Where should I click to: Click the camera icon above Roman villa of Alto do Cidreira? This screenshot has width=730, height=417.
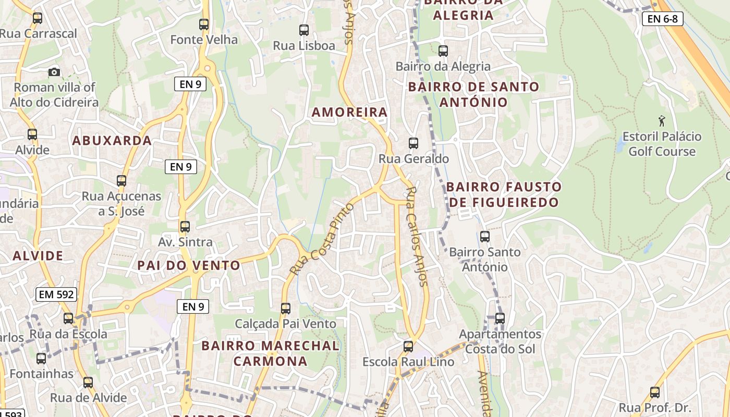click(x=54, y=72)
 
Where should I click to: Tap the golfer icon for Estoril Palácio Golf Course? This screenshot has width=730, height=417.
click(x=662, y=121)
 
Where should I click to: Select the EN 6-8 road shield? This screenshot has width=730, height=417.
click(x=662, y=19)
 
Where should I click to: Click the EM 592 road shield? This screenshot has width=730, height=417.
click(x=57, y=295)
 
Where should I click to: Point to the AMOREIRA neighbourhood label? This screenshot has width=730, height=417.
click(x=350, y=112)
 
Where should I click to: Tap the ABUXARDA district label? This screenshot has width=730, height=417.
click(x=112, y=140)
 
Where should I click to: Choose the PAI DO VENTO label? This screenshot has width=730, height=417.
click(x=189, y=265)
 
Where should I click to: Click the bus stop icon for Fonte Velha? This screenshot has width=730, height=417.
click(x=204, y=24)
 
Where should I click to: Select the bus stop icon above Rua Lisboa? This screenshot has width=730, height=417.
click(x=304, y=30)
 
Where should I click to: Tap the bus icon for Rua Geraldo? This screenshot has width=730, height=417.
click(x=413, y=143)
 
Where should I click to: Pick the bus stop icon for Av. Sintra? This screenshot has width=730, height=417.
click(x=185, y=227)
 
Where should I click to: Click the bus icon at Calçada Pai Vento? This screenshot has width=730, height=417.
click(x=286, y=308)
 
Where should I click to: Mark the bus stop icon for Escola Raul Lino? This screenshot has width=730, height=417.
click(x=408, y=346)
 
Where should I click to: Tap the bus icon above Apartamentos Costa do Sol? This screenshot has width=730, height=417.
click(x=500, y=318)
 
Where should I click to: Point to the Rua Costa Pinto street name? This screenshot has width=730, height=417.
click(x=322, y=239)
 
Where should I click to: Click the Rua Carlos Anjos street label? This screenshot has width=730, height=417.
click(x=417, y=236)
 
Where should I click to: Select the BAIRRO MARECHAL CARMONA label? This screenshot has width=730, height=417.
click(x=270, y=353)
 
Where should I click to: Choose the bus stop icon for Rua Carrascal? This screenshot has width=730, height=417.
click(x=38, y=18)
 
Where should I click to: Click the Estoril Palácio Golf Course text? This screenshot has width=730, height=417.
click(x=662, y=144)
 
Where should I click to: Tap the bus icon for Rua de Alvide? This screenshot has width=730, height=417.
click(x=88, y=383)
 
